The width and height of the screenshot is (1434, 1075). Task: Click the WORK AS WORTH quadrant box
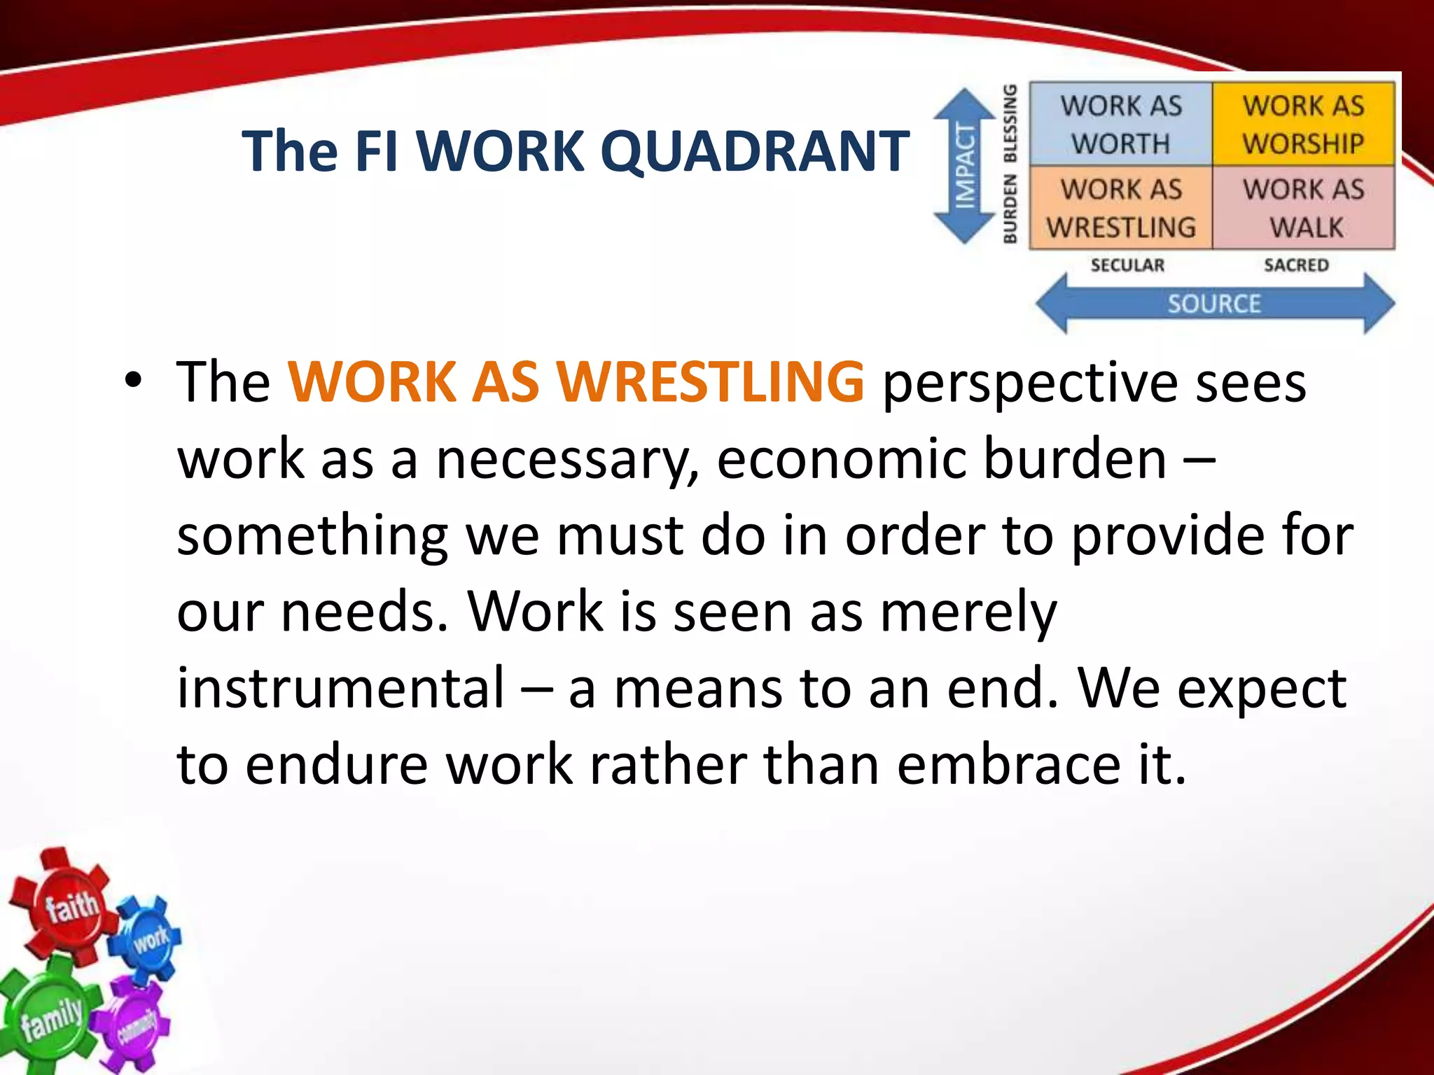tap(1120, 125)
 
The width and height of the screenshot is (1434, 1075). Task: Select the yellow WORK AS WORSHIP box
tap(1303, 125)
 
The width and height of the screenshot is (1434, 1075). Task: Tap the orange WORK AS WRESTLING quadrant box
tap(1120, 208)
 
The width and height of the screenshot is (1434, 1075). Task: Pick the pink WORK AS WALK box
tap(1303, 208)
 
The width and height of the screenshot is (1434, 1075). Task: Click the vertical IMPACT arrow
tap(966, 166)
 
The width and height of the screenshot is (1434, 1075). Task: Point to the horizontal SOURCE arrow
tap(1215, 304)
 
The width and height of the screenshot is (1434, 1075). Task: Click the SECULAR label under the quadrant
tap(1127, 265)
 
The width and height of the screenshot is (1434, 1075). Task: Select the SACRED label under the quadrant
tap(1296, 265)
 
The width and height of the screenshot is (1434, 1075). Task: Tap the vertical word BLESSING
tap(1010, 123)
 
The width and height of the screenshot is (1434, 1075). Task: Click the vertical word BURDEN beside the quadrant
tap(1010, 209)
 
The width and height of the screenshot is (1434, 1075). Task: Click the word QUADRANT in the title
tap(755, 151)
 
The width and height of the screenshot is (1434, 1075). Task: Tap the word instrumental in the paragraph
tap(340, 687)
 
